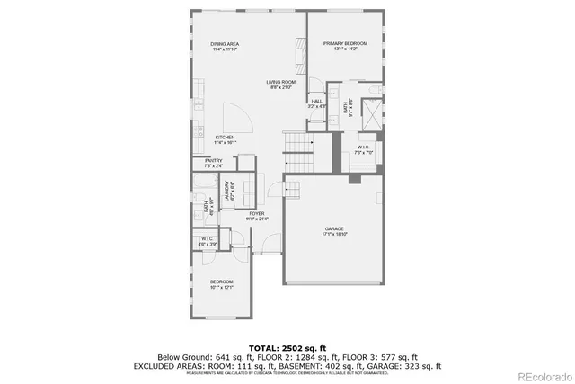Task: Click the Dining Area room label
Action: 225,46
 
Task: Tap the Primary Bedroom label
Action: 341,46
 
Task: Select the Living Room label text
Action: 280,85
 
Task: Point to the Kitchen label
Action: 225,139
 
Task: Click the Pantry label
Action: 213,164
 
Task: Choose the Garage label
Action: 334,231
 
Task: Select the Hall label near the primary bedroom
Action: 316,103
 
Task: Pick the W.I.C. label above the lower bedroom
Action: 207,240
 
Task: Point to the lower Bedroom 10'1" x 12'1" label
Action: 221,285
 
